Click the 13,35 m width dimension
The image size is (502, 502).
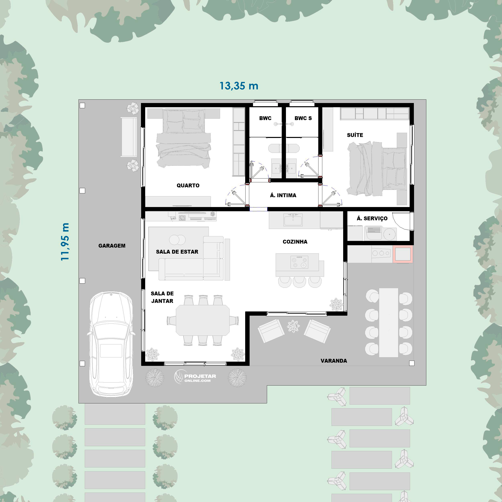click(239, 86)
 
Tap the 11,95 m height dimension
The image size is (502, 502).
click(65, 242)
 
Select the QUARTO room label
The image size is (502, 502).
click(188, 186)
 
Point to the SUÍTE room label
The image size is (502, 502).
click(355, 135)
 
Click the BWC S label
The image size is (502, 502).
click(303, 118)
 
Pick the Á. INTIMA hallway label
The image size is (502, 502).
click(283, 195)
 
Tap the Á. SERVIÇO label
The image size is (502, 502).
click(372, 218)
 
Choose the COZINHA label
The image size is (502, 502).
click(295, 242)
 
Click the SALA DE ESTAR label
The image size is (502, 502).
click(177, 252)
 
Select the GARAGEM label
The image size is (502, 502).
click(112, 246)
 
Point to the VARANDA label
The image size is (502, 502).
click(334, 361)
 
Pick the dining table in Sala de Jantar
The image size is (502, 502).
click(203, 320)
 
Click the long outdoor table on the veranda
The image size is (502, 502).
click(389, 322)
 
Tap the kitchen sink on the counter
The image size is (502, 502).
click(293, 220)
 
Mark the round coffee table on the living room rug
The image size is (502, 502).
click(177, 240)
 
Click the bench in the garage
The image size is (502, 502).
click(129, 137)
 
